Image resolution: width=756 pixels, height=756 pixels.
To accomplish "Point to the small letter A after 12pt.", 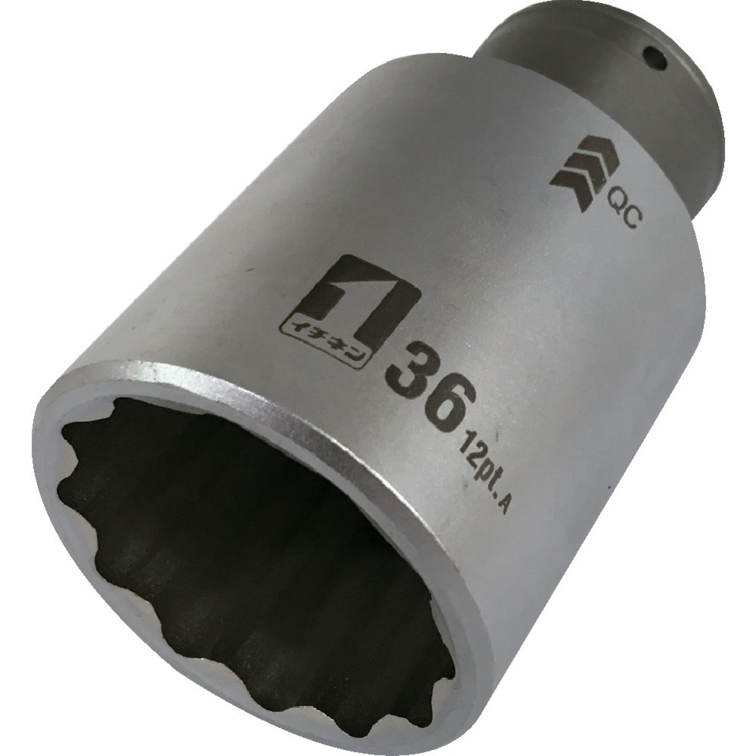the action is [x=500, y=509].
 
